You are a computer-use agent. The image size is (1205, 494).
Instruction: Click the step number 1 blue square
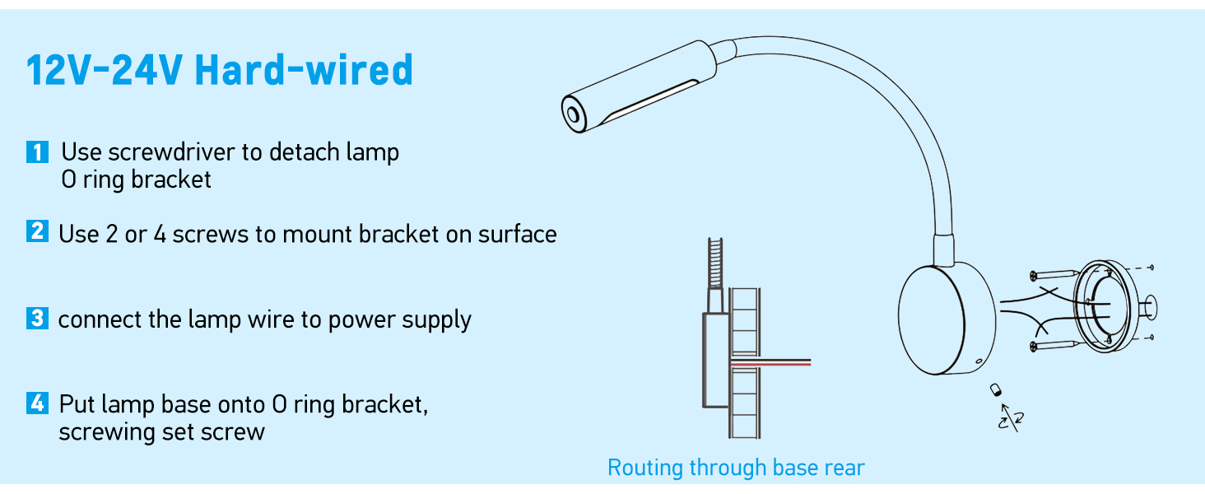[37, 152]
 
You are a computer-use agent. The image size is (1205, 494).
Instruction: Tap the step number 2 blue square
[37, 232]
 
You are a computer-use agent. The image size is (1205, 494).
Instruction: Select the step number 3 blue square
[37, 319]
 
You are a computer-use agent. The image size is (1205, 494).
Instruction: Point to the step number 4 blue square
[37, 403]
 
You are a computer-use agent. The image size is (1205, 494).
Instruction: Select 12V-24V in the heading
[104, 71]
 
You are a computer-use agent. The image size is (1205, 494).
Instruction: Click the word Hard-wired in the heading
[304, 71]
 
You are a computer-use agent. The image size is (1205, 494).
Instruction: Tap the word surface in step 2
[517, 234]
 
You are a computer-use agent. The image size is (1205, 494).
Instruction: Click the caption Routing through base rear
[736, 468]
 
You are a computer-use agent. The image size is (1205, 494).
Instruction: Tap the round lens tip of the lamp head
[570, 111]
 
